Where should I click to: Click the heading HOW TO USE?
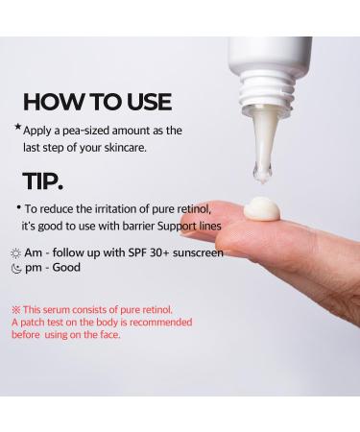pos(97,101)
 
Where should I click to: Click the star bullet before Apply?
pos(17,127)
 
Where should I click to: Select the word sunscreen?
pos(195,252)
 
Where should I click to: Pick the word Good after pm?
pos(67,268)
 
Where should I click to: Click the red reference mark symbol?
pos(16,310)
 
